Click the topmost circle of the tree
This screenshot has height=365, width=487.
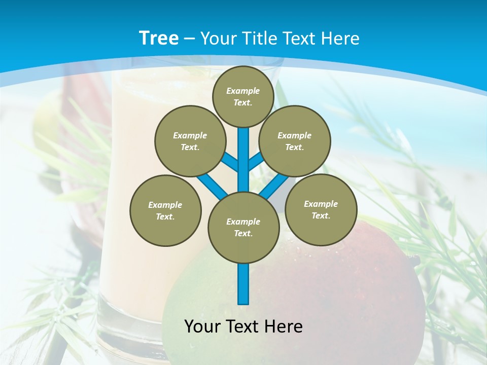point(243,96)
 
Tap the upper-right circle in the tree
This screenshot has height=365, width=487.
point(295,141)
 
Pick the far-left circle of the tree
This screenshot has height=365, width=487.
point(165,210)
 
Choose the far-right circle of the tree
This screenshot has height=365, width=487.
point(321,209)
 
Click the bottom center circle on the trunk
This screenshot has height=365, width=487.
point(243,227)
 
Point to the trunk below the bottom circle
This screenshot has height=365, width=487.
point(243,284)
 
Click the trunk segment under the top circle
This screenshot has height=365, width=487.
point(243,152)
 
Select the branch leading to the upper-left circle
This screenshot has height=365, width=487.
point(229,162)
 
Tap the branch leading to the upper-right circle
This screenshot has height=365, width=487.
point(257,161)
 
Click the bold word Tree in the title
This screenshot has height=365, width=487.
point(159,38)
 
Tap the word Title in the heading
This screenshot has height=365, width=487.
point(259,39)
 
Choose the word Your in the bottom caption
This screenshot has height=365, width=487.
point(202,326)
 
